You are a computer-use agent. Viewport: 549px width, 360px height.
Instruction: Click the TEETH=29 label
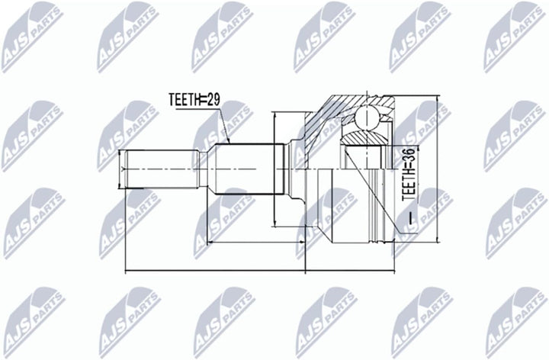coord(194,100)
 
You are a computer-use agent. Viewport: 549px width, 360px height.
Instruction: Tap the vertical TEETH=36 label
coord(408,175)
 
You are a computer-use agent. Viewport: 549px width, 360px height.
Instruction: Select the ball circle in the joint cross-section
coord(367,118)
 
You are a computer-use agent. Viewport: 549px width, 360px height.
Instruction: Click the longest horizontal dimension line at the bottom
coord(260,271)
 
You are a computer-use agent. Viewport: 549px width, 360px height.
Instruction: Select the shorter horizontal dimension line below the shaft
coord(256,242)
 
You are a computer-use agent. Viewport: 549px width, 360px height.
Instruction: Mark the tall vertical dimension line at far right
coord(437,169)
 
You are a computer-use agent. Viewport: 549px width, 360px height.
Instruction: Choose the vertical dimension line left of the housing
coord(276,169)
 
